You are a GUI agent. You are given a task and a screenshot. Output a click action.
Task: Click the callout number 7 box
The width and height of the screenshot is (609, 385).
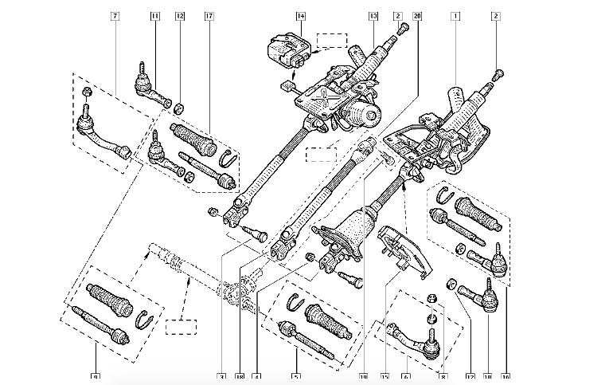pyautogui.click(x=115, y=16)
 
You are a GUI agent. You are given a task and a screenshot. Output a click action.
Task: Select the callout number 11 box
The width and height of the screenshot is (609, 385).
pyautogui.click(x=154, y=16)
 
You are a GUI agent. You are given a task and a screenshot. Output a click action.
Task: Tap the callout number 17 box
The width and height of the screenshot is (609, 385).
pyautogui.click(x=209, y=16)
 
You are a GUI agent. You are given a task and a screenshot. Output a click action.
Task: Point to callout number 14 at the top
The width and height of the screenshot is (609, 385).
pyautogui.click(x=300, y=16)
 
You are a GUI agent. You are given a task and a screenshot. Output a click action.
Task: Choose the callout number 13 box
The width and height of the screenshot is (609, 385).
pyautogui.click(x=373, y=16)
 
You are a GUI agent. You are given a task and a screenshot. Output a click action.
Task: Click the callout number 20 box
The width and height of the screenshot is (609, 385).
pyautogui.click(x=418, y=16)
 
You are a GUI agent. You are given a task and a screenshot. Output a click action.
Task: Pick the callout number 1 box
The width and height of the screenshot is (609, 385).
pyautogui.click(x=455, y=16)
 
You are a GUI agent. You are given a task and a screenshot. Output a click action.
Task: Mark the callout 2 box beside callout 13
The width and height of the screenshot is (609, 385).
pyautogui.click(x=397, y=16)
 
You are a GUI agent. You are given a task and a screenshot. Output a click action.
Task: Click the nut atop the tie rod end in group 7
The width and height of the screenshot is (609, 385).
pyautogui.click(x=85, y=96)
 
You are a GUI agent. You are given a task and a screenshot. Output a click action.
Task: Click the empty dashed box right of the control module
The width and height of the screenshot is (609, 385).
pyautogui.click(x=331, y=40)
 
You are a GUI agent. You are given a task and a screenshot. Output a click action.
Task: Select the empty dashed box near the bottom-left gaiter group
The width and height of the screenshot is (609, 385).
pyautogui.click(x=180, y=325)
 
